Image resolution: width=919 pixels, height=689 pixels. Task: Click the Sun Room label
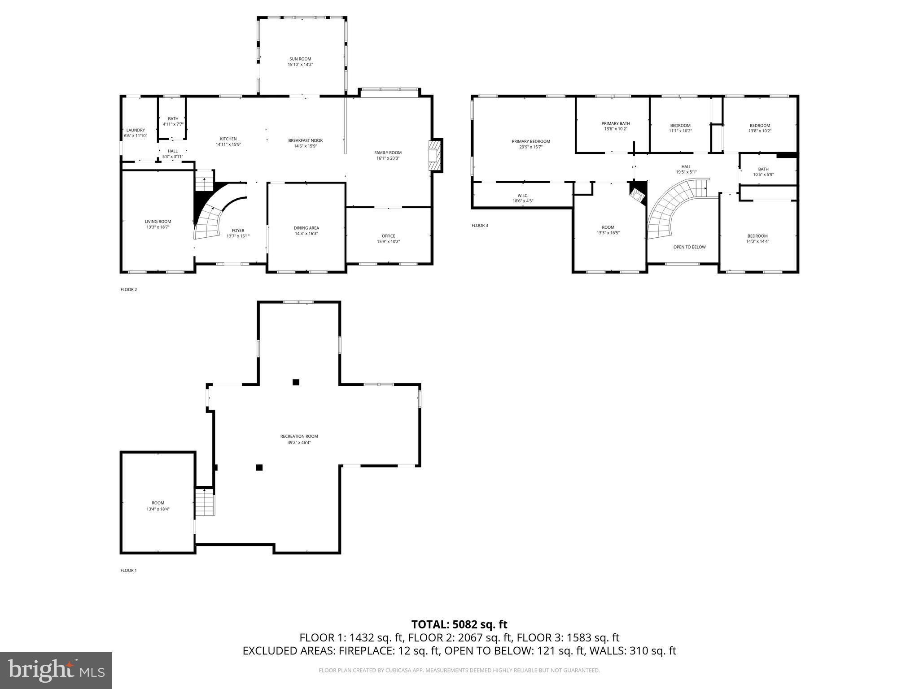point(300,59)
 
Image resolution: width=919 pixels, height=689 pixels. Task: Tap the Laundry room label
point(136,130)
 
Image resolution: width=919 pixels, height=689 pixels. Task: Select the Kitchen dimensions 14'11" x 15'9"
point(228,144)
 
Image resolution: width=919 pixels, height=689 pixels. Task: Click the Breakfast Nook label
point(305,140)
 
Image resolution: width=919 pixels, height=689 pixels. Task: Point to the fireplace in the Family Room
point(435,155)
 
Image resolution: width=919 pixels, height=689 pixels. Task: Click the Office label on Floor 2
point(388,236)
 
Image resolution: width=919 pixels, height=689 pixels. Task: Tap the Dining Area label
point(306,228)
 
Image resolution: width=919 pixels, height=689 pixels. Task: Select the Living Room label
point(158,222)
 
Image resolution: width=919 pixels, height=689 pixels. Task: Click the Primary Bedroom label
point(530,141)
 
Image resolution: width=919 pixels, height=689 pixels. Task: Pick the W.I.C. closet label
point(523,196)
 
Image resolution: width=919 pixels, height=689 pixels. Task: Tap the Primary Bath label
point(616,123)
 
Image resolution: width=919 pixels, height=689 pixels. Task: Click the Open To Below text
point(689,247)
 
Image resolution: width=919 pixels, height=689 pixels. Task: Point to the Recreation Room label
point(299,436)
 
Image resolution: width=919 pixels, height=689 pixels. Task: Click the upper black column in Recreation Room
point(296,382)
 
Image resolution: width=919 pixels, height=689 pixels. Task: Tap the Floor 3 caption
point(479,225)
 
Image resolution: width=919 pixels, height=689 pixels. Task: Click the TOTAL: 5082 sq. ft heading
point(459,624)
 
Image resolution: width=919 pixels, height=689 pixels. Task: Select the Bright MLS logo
point(56,670)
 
